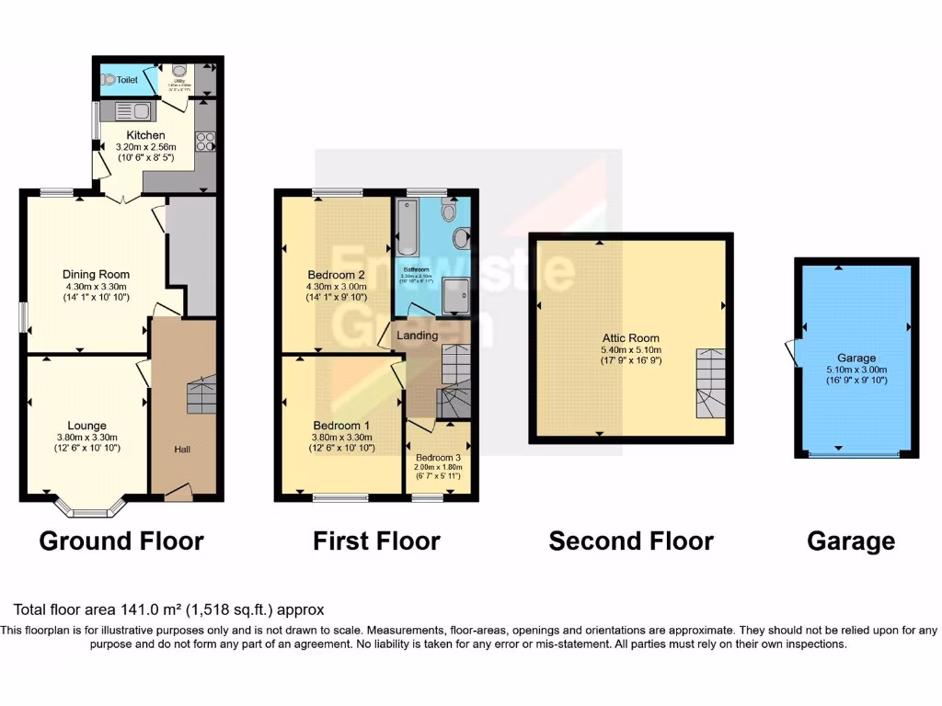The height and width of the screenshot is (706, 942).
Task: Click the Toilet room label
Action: (126, 80)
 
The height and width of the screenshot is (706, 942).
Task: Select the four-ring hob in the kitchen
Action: (206, 142)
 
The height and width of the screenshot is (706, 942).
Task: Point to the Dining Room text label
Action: (96, 274)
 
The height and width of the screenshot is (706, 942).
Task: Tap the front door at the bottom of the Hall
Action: (178, 493)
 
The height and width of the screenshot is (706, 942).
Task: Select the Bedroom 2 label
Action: (332, 274)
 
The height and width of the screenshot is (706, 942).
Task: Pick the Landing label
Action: (417, 336)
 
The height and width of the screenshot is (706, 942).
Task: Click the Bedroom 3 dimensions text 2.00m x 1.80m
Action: (439, 468)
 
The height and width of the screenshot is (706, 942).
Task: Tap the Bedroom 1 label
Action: (341, 425)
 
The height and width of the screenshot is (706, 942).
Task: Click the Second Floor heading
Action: (630, 541)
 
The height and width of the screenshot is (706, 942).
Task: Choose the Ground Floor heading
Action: (121, 541)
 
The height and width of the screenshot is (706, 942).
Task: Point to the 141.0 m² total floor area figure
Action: (153, 609)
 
